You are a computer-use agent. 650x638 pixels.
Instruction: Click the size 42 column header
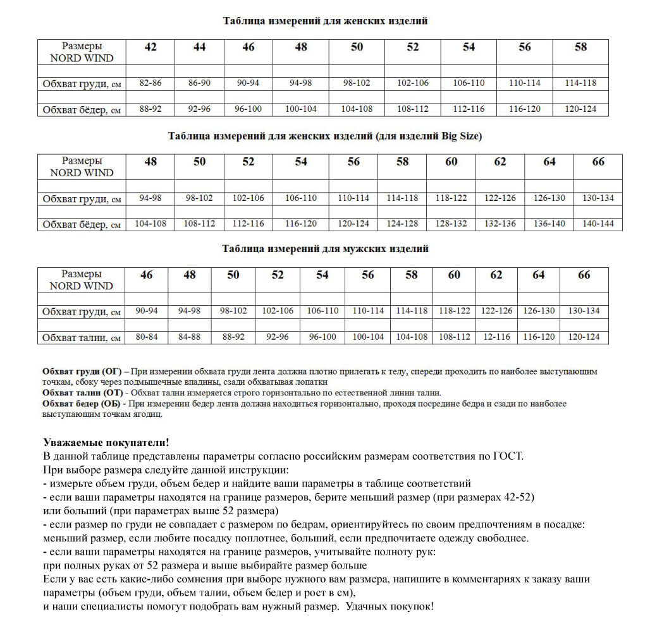(150, 47)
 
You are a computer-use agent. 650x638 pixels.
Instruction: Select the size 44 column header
(199, 47)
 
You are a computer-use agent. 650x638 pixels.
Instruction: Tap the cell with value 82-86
(150, 83)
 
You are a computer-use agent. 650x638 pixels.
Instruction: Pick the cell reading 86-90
(199, 83)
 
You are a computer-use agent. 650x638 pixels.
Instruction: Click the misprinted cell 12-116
(496, 337)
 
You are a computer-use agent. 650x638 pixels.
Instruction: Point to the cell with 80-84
(146, 337)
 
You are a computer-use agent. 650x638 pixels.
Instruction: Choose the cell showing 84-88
(189, 337)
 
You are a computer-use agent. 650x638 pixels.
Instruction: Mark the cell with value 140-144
(598, 224)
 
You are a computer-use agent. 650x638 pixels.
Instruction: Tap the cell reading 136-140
(549, 224)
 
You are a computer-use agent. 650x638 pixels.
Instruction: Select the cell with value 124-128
(402, 224)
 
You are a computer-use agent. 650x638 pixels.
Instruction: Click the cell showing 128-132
(451, 224)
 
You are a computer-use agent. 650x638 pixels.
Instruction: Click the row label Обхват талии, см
(82, 338)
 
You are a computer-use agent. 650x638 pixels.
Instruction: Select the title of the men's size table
(325, 249)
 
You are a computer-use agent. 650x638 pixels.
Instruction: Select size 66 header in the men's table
(584, 275)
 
